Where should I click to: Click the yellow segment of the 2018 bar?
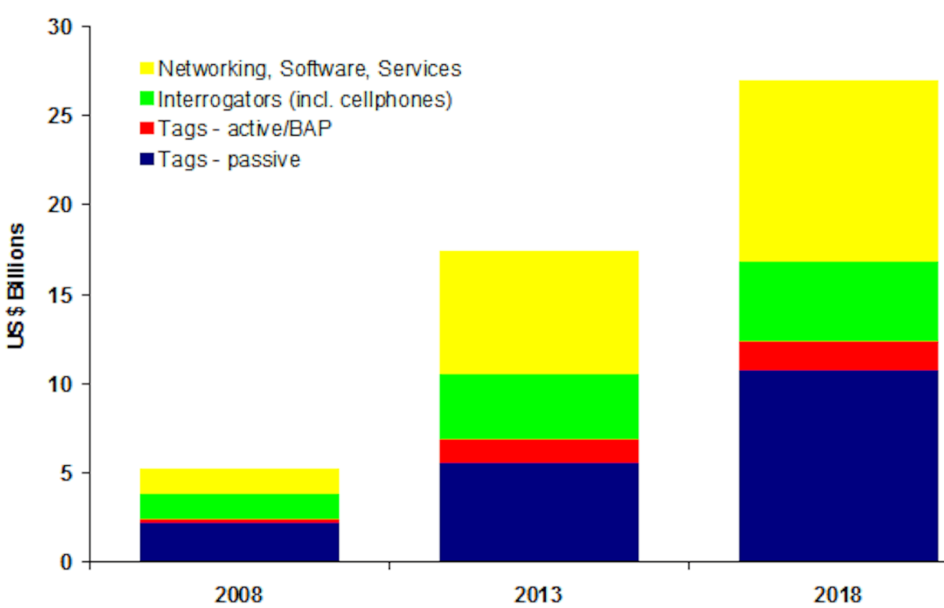[838, 171]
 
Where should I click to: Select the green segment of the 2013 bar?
[539, 406]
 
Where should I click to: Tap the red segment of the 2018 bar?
[838, 356]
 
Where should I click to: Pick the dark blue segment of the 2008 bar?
[240, 541]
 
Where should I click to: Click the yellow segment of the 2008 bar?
[240, 481]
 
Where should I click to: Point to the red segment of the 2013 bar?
[539, 451]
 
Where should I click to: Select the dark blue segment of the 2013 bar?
[539, 511]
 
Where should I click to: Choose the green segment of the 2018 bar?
[838, 301]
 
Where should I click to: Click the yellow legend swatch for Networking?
[147, 68]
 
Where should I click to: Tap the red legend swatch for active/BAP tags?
[147, 129]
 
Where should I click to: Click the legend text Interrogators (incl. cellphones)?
[304, 99]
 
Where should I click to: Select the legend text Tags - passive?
[229, 159]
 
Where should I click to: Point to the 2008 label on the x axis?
[238, 594]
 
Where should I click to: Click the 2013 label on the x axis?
[538, 594]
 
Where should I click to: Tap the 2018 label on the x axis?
[838, 594]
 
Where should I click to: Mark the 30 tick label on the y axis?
[60, 27]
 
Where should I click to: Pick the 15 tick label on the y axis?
[60, 295]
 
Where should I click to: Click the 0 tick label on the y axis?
[66, 562]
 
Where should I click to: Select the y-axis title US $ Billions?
[16, 286]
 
